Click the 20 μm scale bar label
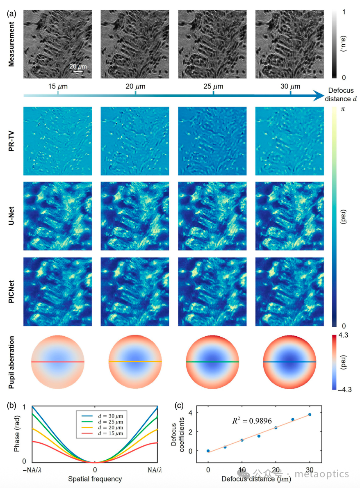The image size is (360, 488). point(78,66)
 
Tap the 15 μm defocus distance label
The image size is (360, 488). point(57,87)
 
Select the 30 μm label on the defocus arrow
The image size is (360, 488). point(290,87)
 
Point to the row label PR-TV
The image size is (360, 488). point(12,142)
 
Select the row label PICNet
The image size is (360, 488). point(12,292)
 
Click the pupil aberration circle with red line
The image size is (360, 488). point(57,362)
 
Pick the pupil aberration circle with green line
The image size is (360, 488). point(212,362)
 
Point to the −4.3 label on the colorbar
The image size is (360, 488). point(344,388)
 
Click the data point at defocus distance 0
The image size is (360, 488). point(208,451)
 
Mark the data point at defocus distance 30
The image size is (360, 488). point(310,415)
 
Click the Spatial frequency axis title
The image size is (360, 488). point(95,479)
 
